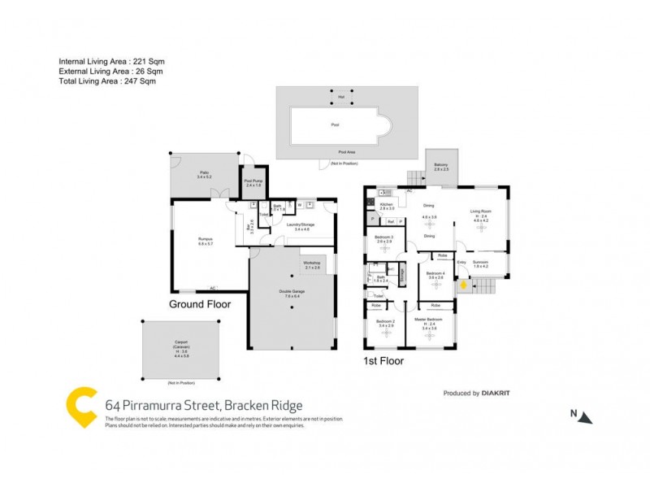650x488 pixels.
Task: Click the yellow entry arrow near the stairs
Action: [464, 285]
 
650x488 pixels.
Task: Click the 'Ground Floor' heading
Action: [199, 305]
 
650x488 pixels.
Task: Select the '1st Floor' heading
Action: [384, 359]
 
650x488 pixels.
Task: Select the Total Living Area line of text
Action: [107, 81]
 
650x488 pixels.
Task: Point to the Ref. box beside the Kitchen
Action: [390, 221]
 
